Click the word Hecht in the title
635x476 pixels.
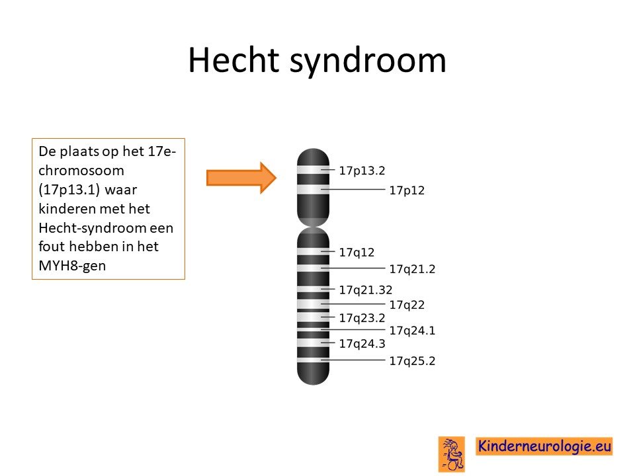[233, 60]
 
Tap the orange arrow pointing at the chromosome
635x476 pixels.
[241, 178]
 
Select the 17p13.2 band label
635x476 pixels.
[362, 171]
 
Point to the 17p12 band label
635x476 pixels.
[407, 190]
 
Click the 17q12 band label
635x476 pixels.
[357, 253]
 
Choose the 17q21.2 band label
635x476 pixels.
[412, 269]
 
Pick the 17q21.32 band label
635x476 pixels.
[366, 290]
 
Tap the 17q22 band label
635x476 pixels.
[407, 305]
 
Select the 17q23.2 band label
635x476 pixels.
[362, 318]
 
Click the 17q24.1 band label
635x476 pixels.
[412, 331]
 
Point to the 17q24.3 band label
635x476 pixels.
[362, 344]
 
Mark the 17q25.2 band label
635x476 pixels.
[412, 361]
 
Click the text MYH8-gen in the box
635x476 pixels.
[72, 266]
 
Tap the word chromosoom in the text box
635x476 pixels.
[81, 171]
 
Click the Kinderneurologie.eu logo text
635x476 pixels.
[544, 446]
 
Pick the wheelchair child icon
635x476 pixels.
[452, 454]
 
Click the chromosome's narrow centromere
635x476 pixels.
[313, 227]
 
